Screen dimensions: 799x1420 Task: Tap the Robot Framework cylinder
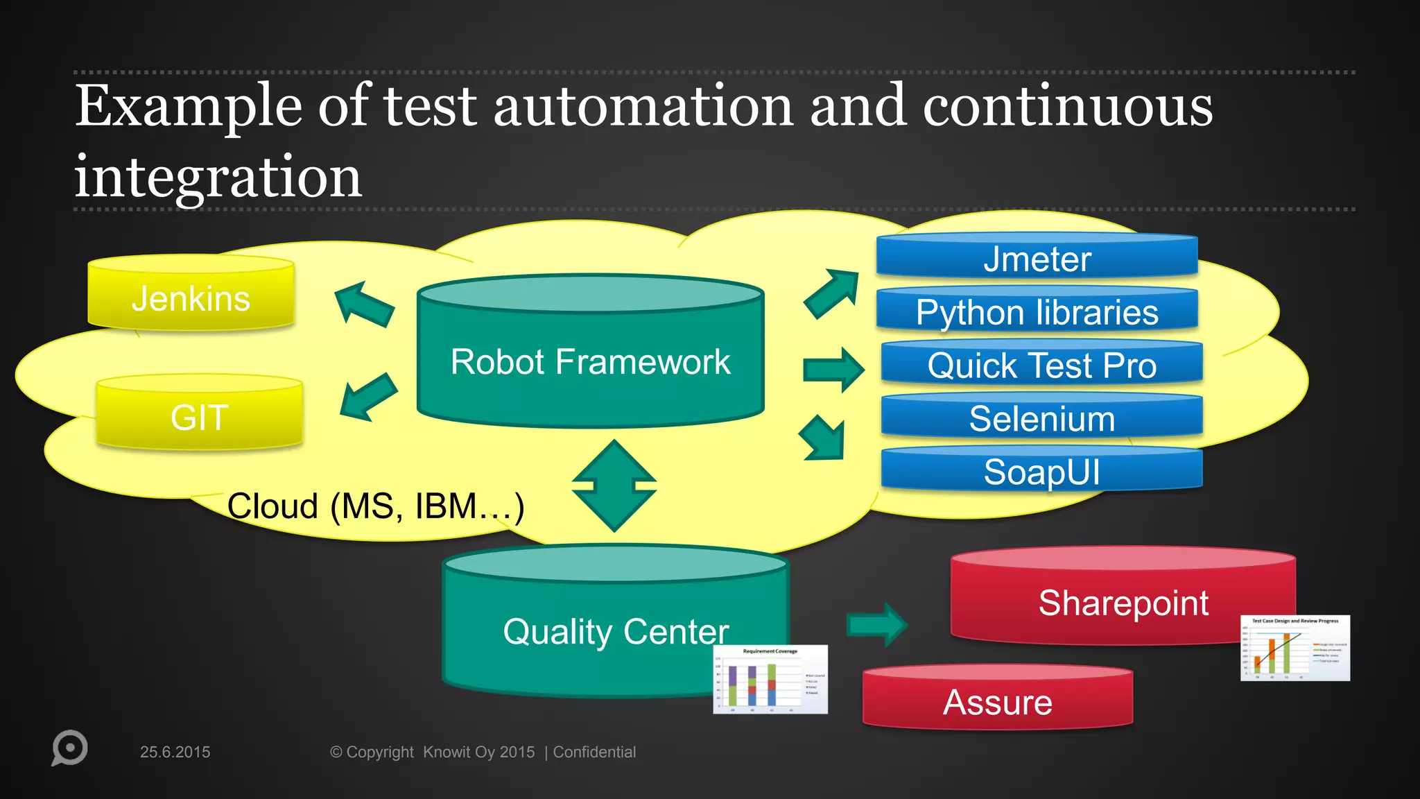590,361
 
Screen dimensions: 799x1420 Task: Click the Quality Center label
615,631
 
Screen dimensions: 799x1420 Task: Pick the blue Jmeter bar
1037,259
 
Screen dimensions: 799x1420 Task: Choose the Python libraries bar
1037,311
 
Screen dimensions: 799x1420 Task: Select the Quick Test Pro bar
1041,365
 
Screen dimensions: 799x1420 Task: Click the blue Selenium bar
1041,418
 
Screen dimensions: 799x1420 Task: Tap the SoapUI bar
1041,472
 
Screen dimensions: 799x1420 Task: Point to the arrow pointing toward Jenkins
363,304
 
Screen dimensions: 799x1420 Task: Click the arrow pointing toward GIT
367,397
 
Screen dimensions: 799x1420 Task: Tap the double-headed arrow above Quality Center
614,486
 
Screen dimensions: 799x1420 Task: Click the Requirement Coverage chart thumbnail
770,679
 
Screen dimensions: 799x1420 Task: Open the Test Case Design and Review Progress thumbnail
1295,648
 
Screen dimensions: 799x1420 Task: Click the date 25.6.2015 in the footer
175,752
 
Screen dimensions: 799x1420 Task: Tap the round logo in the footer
69,748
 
